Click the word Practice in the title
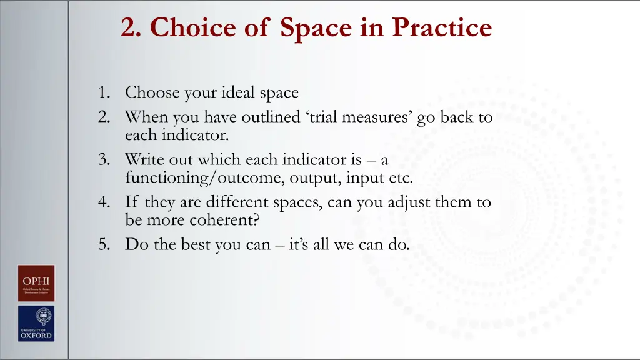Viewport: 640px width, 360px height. click(442, 27)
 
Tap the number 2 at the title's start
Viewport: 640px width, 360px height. click(129, 27)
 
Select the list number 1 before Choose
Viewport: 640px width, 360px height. click(104, 93)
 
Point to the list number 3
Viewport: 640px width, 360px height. click(104, 160)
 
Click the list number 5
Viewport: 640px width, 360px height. click(104, 244)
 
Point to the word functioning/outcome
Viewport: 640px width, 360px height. click(206, 178)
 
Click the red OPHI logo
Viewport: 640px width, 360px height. click(36, 284)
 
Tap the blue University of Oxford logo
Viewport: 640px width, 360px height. click(36, 323)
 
